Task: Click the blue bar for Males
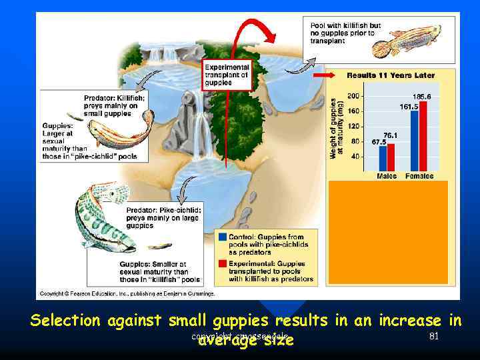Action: pos(383,159)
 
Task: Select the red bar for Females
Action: pos(423,137)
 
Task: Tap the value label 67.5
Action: pos(379,141)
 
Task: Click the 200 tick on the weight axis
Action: pos(353,96)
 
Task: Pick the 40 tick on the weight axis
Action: pos(353,156)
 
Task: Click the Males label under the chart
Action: pos(387,177)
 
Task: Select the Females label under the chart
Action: pos(419,177)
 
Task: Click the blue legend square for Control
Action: pos(222,237)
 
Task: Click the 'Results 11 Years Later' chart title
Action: pos(390,75)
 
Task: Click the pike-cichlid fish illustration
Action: pos(100,217)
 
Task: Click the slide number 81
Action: pos(434,337)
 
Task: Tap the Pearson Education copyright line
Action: pos(127,293)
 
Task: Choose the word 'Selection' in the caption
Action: pos(64,321)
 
